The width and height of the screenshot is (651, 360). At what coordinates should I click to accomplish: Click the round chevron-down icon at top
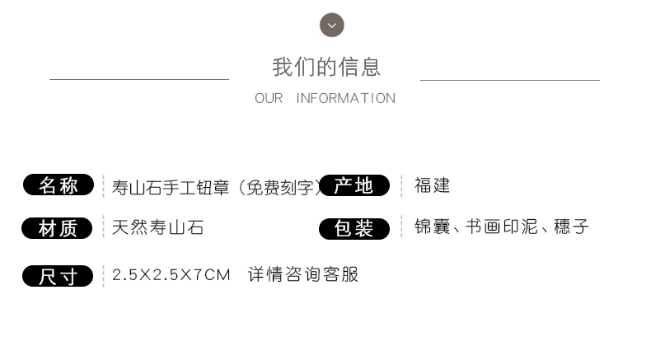click(332, 25)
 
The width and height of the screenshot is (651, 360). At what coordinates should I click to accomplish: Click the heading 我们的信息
click(326, 68)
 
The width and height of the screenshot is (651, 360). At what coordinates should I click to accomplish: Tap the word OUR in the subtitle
click(269, 98)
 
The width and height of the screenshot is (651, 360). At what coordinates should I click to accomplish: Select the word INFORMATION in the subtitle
click(346, 98)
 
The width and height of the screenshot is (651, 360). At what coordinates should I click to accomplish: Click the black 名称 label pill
click(59, 185)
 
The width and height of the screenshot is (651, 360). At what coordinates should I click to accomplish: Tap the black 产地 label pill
click(354, 185)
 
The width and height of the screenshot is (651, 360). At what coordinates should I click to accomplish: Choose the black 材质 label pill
click(57, 228)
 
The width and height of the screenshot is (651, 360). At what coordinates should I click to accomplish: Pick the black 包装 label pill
click(354, 229)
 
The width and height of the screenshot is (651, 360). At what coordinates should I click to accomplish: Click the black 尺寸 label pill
click(58, 276)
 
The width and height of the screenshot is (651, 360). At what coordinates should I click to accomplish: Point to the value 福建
click(432, 185)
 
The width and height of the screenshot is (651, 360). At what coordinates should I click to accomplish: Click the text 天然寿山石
click(157, 227)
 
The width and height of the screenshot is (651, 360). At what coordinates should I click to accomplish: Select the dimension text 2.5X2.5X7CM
click(171, 275)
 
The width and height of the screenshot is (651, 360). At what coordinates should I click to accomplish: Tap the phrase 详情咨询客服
click(303, 274)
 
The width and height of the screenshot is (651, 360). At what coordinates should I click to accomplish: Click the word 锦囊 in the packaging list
click(432, 227)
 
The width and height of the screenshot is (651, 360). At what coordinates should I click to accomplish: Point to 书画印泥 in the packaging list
click(502, 227)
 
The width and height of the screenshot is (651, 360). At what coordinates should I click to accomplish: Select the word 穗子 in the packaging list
click(571, 227)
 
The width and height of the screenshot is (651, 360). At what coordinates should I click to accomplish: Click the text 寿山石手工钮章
click(171, 188)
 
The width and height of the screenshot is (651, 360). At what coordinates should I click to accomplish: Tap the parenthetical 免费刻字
click(280, 188)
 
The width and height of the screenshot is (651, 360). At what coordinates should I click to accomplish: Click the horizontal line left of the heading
click(139, 79)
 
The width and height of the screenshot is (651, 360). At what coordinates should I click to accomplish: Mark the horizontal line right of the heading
click(510, 80)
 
